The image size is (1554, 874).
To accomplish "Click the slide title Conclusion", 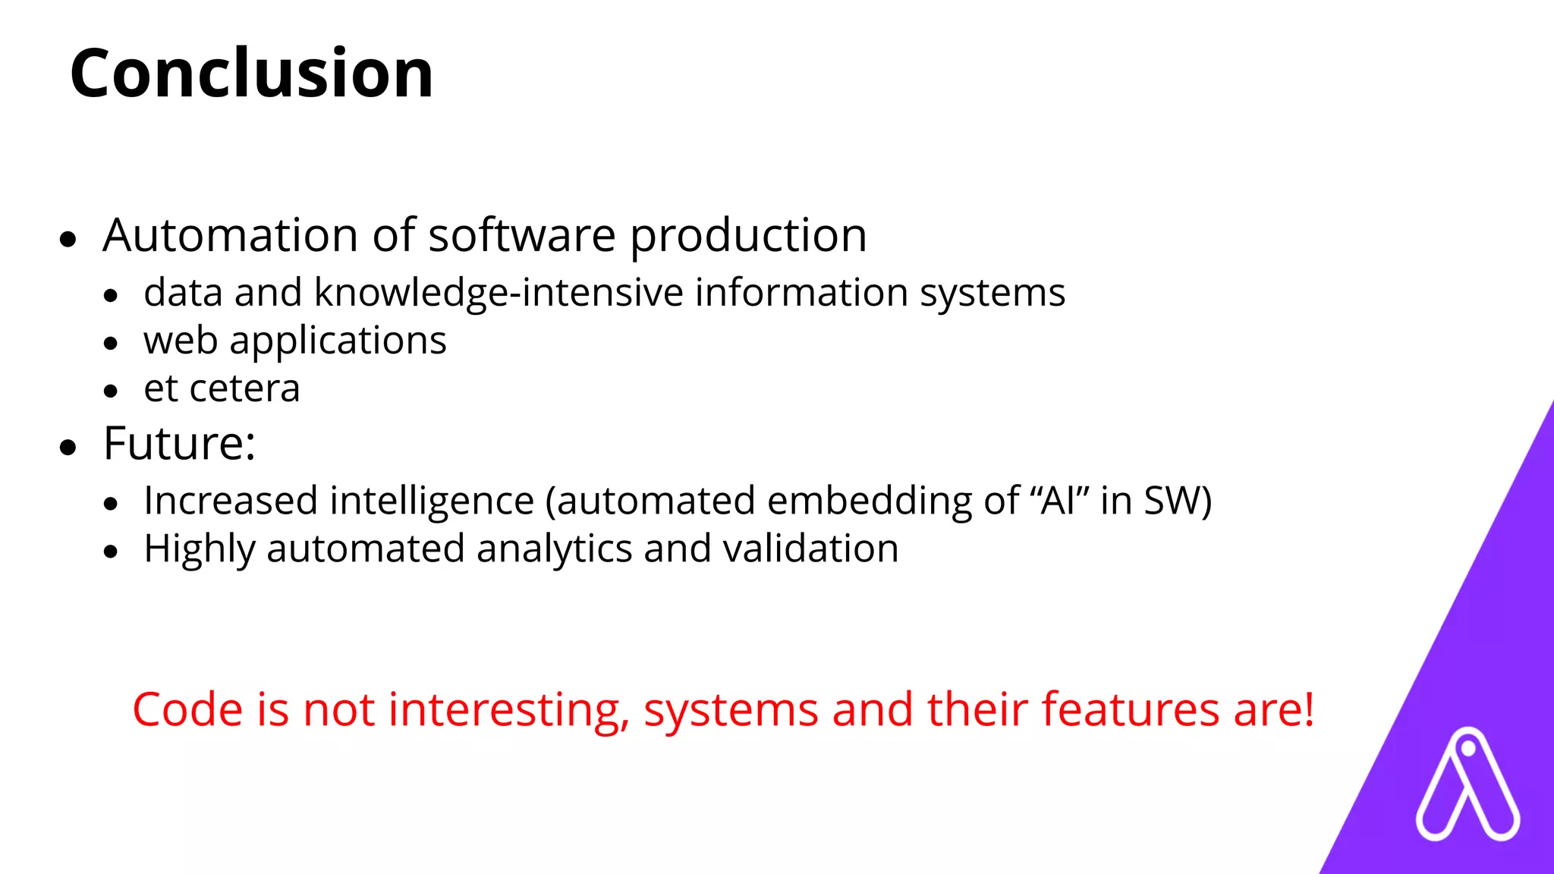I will click(x=251, y=73).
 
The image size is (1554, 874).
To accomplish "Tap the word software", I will click(x=522, y=235).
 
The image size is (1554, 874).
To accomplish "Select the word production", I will click(x=748, y=237).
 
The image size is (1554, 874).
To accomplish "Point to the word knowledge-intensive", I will click(x=499, y=294).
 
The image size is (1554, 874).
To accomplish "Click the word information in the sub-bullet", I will click(x=801, y=293).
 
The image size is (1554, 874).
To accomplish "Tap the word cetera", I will click(x=244, y=389).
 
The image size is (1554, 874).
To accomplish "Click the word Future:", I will click(x=179, y=444).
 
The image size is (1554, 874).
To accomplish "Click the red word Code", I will click(x=187, y=710).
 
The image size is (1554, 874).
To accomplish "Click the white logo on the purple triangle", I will click(x=1467, y=785).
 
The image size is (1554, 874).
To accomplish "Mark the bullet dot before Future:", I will click(x=68, y=448).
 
